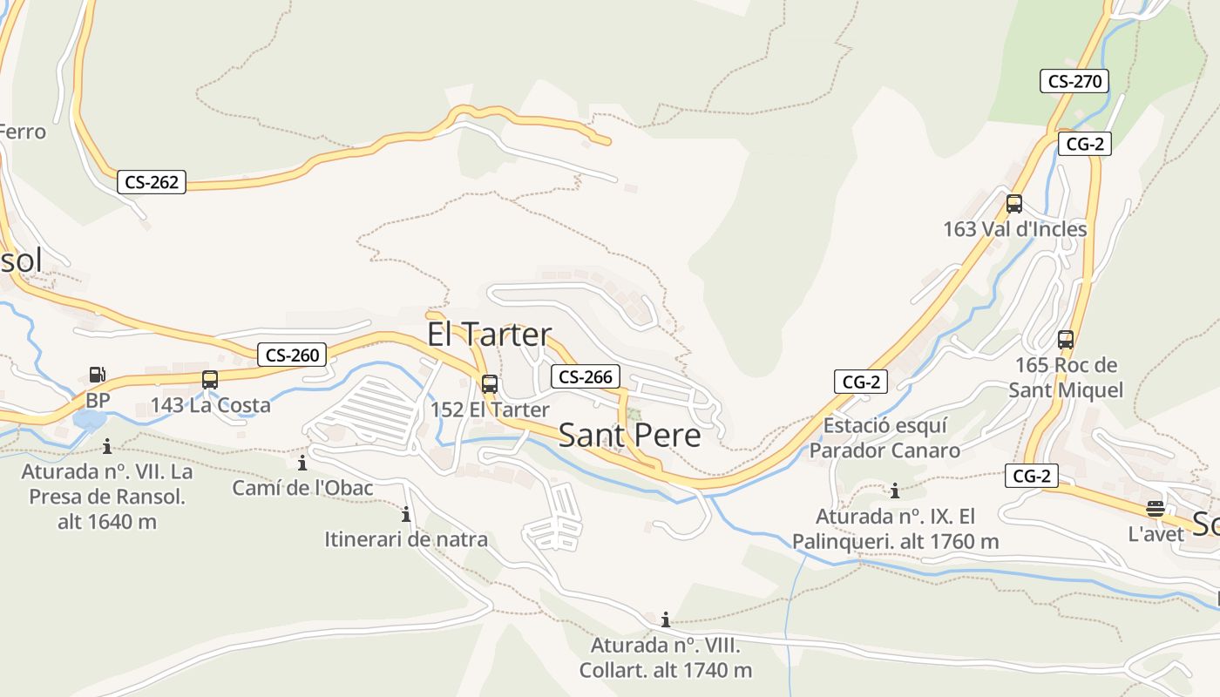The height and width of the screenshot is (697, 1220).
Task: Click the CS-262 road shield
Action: click(x=152, y=182)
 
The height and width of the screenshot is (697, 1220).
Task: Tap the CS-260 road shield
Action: click(x=293, y=355)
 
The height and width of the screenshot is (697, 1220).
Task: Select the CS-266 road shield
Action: click(x=586, y=376)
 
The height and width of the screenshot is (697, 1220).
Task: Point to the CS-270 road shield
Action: click(x=1074, y=82)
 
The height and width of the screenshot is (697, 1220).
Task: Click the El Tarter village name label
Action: click(x=489, y=334)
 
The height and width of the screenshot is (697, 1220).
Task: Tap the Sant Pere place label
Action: click(x=629, y=435)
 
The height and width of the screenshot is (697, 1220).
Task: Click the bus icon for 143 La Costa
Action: click(x=210, y=380)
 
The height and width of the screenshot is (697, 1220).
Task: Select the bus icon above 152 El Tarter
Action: click(x=490, y=384)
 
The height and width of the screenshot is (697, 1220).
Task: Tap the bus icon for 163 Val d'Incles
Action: click(x=1014, y=204)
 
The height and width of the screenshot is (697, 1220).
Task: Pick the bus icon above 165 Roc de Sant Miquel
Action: click(x=1065, y=340)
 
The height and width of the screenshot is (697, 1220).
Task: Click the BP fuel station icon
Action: click(x=98, y=376)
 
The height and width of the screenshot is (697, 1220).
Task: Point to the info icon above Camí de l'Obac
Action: click(x=302, y=463)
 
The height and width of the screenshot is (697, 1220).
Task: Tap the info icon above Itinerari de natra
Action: click(x=405, y=514)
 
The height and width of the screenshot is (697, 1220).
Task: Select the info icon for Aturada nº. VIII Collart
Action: click(x=666, y=620)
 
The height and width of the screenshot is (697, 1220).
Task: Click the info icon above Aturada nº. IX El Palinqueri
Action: click(x=894, y=491)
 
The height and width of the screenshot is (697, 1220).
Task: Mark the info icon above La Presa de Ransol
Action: click(x=106, y=447)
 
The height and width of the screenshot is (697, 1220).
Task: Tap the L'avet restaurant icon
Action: click(x=1156, y=509)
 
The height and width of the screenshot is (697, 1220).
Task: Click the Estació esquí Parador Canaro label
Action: click(x=884, y=438)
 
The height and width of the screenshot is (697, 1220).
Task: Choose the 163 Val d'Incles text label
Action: click(x=1015, y=229)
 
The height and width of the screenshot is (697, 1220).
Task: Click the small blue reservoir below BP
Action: click(x=88, y=421)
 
